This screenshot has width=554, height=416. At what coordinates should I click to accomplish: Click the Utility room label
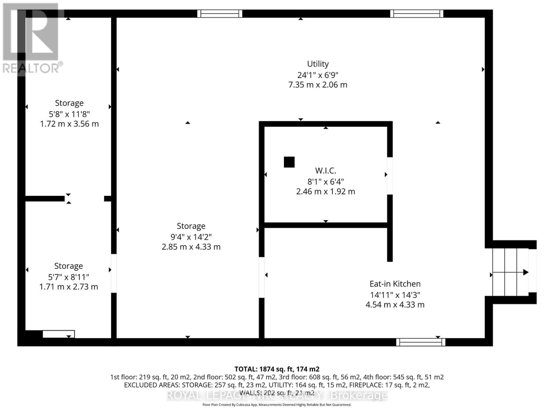(318, 64)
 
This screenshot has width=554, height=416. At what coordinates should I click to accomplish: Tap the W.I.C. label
(325, 171)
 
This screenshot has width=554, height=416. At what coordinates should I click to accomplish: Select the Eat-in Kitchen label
(395, 284)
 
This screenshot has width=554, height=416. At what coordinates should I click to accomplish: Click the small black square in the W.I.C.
(289, 162)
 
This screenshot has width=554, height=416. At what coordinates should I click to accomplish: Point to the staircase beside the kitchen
(510, 272)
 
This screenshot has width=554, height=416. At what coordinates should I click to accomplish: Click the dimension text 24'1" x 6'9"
(318, 75)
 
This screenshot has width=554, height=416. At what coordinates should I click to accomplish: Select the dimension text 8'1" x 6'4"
(325, 181)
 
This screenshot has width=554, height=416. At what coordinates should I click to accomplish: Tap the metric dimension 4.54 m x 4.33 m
(395, 305)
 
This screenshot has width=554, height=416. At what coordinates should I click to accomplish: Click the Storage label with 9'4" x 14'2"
(191, 226)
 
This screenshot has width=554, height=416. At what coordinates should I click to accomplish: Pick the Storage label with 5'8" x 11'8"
(69, 103)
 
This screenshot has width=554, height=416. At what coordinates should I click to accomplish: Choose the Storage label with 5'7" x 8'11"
(69, 266)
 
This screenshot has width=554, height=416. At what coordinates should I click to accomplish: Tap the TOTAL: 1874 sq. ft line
(277, 369)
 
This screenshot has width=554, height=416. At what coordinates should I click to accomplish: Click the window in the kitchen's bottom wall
(421, 342)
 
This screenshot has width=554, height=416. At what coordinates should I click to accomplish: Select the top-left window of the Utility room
(220, 14)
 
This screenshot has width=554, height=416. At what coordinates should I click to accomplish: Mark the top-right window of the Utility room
(417, 14)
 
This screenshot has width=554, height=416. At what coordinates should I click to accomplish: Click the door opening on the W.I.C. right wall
(390, 176)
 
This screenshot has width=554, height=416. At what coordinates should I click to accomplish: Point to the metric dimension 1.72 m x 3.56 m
(69, 124)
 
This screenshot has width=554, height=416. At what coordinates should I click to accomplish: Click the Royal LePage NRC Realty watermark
(277, 395)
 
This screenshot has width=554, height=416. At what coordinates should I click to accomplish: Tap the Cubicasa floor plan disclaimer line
(277, 405)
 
